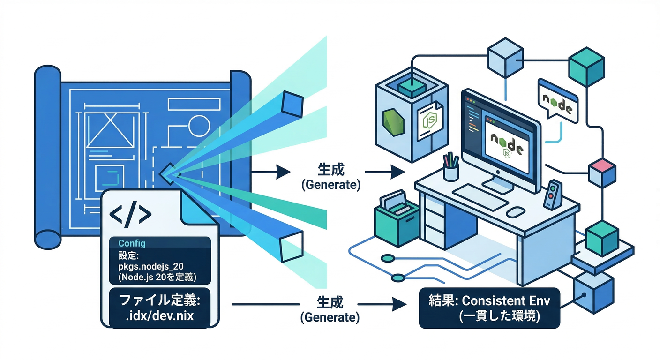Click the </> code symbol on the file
click(x=130, y=215)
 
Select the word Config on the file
click(x=132, y=244)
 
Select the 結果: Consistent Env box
click(x=489, y=308)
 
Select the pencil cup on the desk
click(x=451, y=168)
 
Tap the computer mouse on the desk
click(x=516, y=211)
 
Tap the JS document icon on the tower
click(x=429, y=120)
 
